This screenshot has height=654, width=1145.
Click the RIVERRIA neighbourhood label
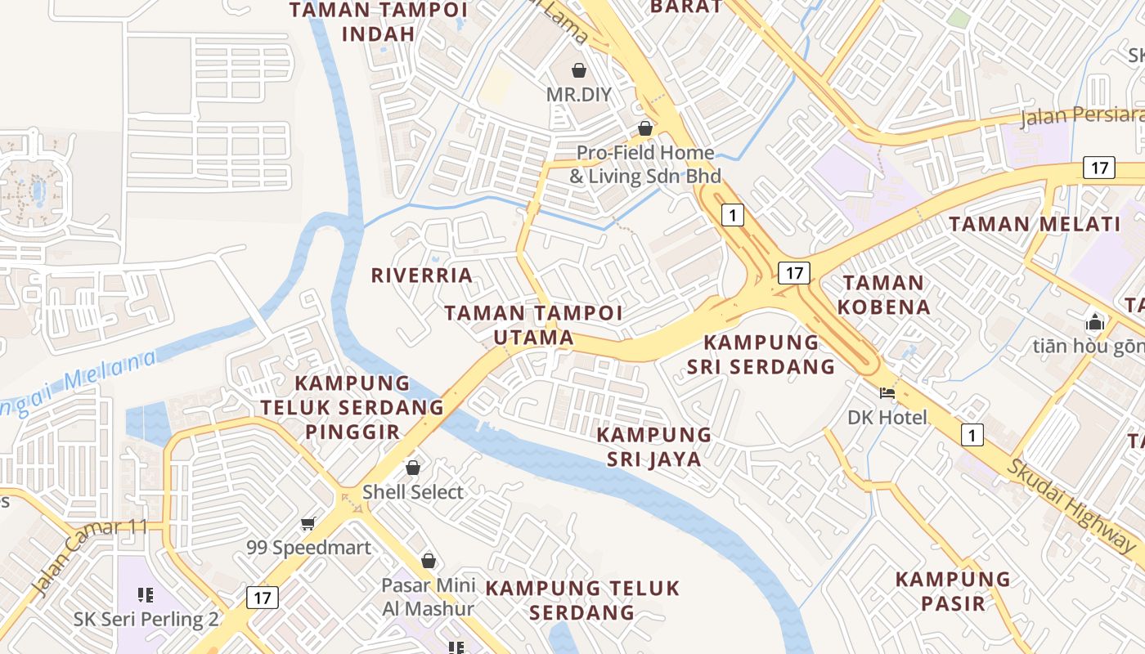(x=422, y=275)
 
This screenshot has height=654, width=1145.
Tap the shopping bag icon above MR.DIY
(x=579, y=70)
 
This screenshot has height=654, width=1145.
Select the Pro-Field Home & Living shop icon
(x=645, y=128)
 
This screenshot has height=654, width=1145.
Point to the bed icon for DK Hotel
(x=887, y=393)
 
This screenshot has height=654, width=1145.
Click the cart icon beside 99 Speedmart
(x=308, y=523)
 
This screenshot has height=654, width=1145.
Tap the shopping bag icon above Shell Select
(x=413, y=468)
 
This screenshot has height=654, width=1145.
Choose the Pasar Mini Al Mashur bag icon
(x=428, y=561)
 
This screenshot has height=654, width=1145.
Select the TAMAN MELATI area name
(x=1034, y=224)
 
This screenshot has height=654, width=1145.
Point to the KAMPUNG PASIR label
(x=953, y=591)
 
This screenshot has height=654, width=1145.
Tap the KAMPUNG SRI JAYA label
(x=654, y=446)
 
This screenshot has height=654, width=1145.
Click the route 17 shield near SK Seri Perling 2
(x=262, y=598)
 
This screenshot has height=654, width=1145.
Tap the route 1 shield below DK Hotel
(x=972, y=435)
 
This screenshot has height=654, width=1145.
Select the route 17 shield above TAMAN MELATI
(x=1098, y=168)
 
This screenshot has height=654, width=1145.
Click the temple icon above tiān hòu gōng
(x=1095, y=321)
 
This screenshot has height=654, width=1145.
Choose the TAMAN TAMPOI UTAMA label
(x=533, y=325)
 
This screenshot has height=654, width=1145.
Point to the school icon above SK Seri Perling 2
(x=146, y=594)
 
